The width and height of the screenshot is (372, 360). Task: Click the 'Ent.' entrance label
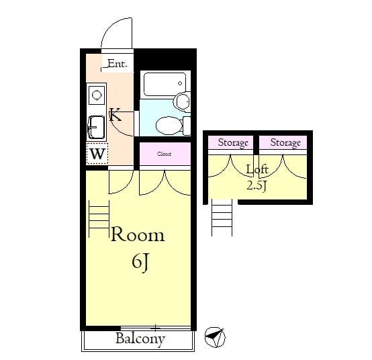(117, 64)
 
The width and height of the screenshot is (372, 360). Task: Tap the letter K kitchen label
(115, 115)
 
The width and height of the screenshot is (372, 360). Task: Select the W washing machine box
(97, 154)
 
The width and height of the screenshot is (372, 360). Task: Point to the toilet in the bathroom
(168, 125)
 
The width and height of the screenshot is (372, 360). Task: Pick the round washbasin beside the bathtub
(181, 101)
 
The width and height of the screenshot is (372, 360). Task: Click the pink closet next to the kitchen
(165, 154)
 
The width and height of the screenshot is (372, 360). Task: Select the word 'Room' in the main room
(137, 235)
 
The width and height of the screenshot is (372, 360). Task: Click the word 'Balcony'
(140, 339)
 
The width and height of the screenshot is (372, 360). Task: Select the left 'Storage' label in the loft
(233, 143)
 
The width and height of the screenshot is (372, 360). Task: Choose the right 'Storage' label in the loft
(285, 143)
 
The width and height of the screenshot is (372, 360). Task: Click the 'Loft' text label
(257, 170)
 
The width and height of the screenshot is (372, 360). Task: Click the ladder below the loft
(222, 216)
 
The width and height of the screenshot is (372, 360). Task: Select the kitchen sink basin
(96, 125)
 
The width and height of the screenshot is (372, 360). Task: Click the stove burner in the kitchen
(96, 95)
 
